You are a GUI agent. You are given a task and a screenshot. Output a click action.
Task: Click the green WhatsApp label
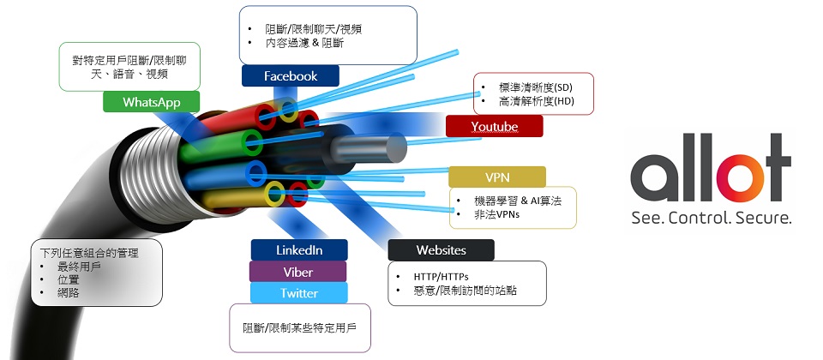click(x=151, y=102)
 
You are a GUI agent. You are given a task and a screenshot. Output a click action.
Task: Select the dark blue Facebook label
click(x=290, y=76)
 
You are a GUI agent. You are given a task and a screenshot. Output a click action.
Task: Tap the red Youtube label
click(x=494, y=127)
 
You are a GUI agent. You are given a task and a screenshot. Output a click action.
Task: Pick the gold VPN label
click(x=497, y=177)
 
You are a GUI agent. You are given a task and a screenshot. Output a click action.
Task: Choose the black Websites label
click(x=441, y=250)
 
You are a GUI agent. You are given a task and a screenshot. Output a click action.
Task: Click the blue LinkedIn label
click(x=298, y=250)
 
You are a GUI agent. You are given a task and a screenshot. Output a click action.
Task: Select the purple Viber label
click(x=298, y=273)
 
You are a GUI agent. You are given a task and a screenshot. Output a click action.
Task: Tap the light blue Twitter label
click(x=298, y=293)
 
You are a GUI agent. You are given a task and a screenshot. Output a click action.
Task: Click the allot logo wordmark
click(x=711, y=171)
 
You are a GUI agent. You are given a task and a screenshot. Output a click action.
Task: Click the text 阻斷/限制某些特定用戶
click(x=299, y=328)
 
